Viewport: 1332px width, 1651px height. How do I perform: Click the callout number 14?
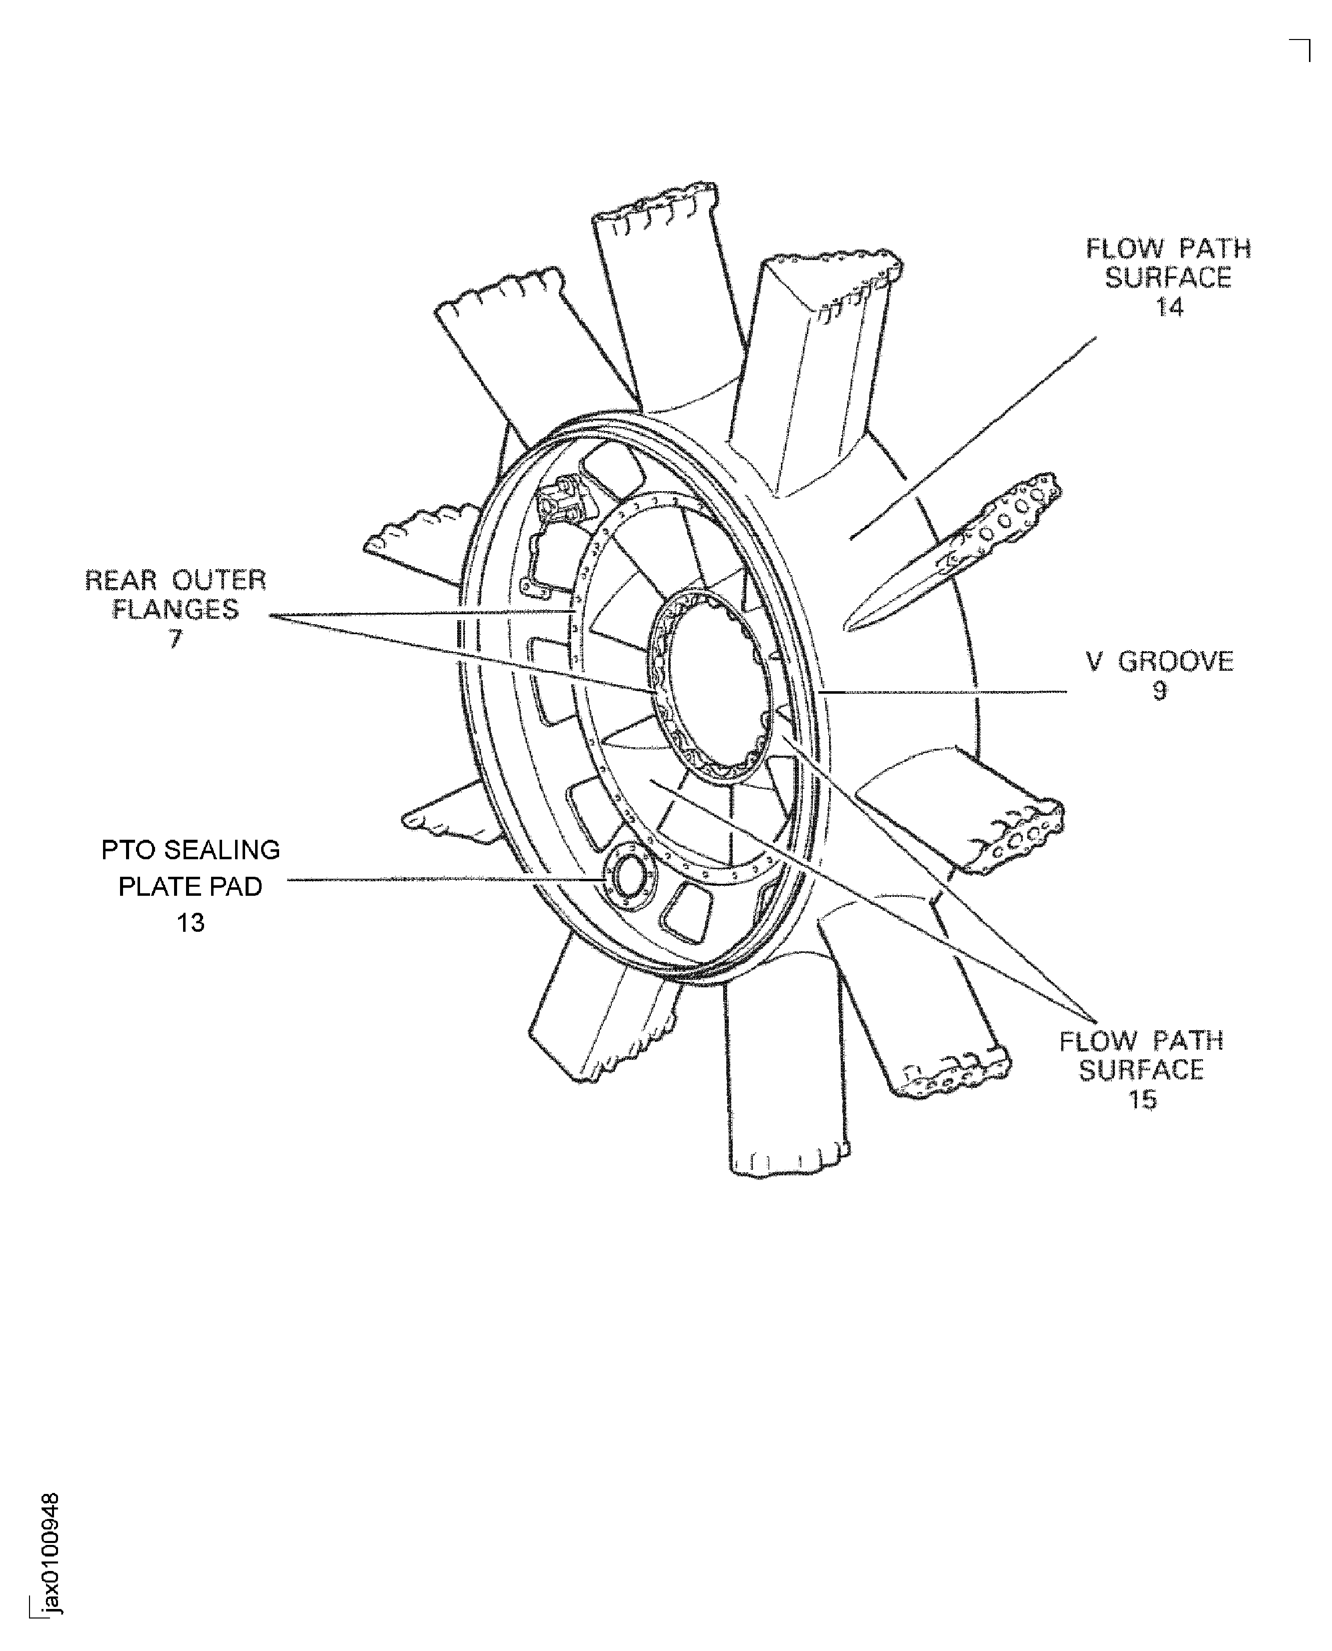(x=1169, y=307)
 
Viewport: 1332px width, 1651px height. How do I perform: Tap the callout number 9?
(x=1159, y=691)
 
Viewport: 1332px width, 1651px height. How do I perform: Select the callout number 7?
(x=176, y=638)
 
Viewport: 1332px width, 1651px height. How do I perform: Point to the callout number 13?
(x=191, y=922)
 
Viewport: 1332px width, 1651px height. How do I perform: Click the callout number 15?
(x=1142, y=1099)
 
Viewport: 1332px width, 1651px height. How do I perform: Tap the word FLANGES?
(x=176, y=609)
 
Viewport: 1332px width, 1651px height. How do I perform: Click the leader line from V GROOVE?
(x=942, y=692)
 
